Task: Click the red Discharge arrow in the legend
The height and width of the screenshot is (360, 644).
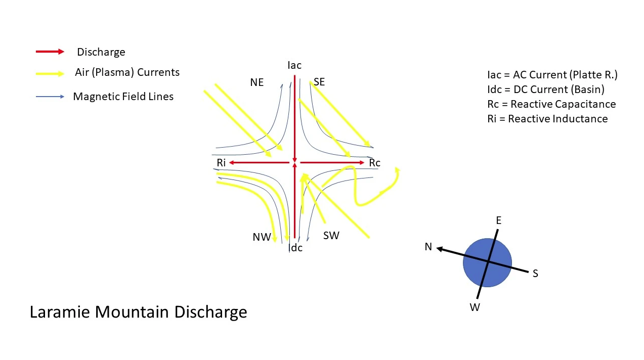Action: pyautogui.click(x=50, y=52)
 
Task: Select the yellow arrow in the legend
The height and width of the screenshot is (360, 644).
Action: pyautogui.click(x=50, y=74)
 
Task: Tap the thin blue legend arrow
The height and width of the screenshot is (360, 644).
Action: pyautogui.click(x=50, y=97)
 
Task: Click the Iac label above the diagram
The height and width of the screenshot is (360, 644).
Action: pyautogui.click(x=294, y=66)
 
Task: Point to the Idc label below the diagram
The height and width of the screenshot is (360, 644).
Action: pyautogui.click(x=295, y=248)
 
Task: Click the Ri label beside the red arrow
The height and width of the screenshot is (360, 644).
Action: pyautogui.click(x=221, y=163)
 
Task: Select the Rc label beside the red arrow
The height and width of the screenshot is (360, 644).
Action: pyautogui.click(x=374, y=163)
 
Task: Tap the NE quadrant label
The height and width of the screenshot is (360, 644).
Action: pyautogui.click(x=256, y=82)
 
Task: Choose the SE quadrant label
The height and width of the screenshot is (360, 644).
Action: pyautogui.click(x=319, y=82)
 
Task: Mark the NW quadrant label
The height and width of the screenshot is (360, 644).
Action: pyautogui.click(x=262, y=237)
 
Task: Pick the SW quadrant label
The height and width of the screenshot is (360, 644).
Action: pyautogui.click(x=331, y=236)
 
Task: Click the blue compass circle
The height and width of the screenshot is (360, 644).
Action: pyautogui.click(x=487, y=262)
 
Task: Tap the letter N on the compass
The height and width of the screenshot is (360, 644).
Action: pyautogui.click(x=428, y=247)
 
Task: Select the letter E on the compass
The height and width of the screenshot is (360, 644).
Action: pyautogui.click(x=498, y=220)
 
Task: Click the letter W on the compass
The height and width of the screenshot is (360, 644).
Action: pyautogui.click(x=475, y=307)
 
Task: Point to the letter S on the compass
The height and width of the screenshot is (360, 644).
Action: pyautogui.click(x=535, y=273)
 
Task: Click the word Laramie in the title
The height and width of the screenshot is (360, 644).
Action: pyautogui.click(x=60, y=312)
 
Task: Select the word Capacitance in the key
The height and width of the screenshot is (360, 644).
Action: pyautogui.click(x=563, y=104)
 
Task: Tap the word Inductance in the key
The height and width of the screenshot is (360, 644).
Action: pyautogui.click(x=558, y=119)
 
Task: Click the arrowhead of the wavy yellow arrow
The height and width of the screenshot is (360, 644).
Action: pyautogui.click(x=398, y=170)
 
